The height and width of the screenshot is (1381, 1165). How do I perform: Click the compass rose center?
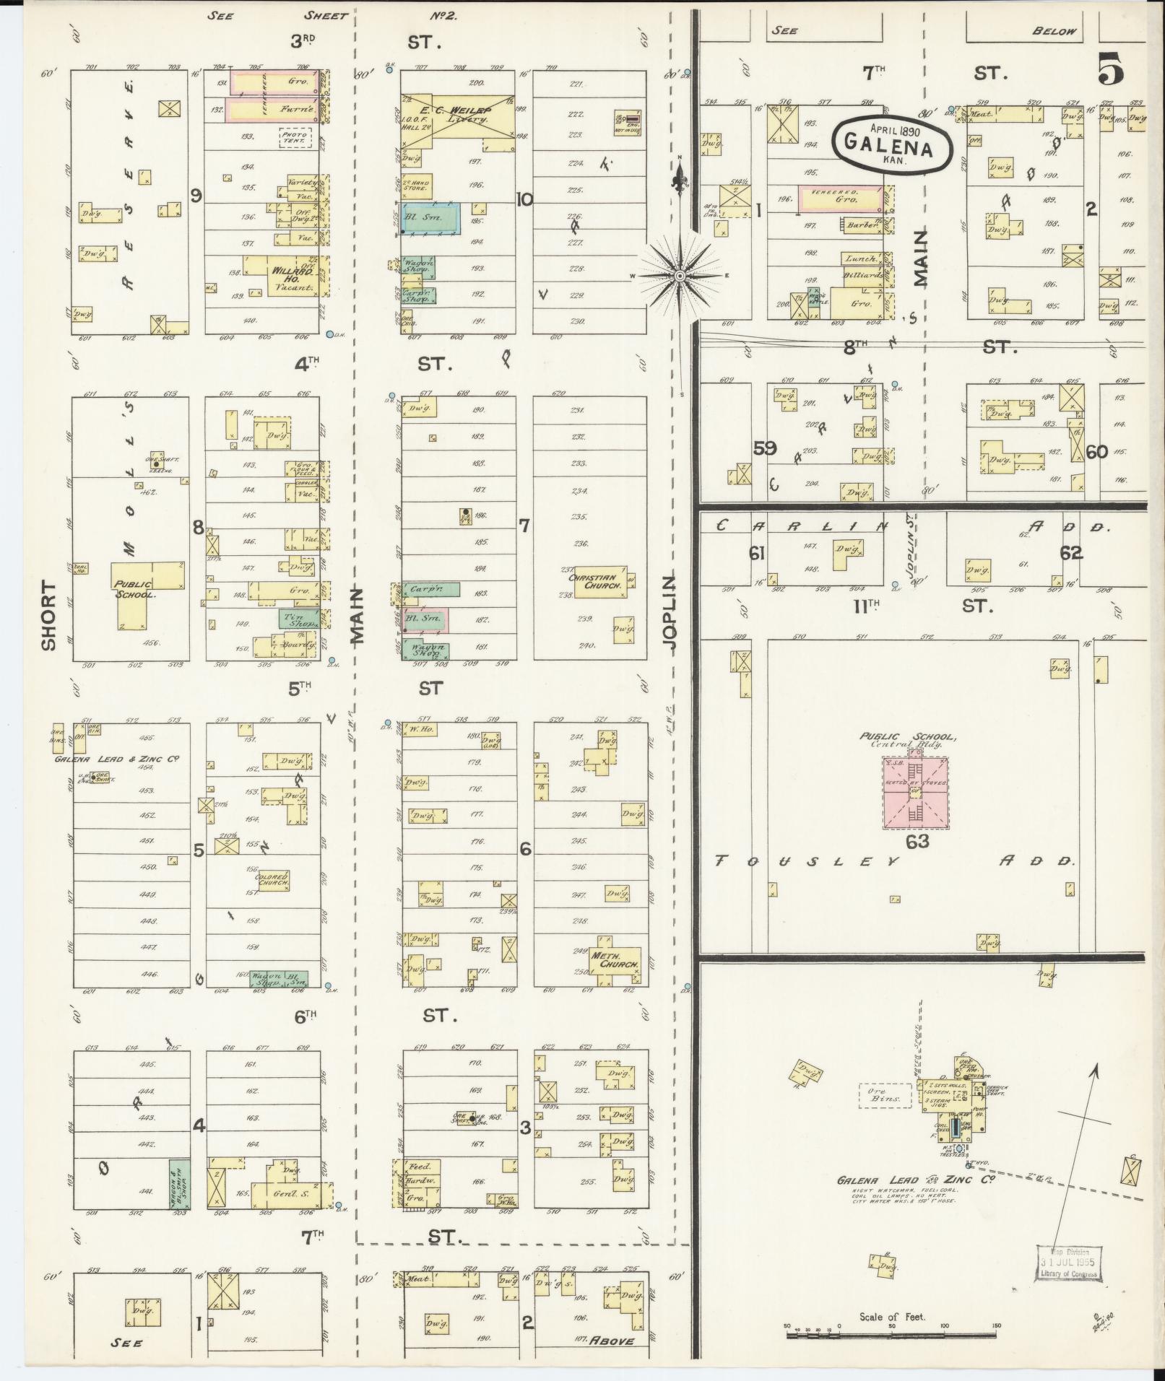pos(680,276)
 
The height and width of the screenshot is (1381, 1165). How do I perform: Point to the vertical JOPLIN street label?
pos(671,612)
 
